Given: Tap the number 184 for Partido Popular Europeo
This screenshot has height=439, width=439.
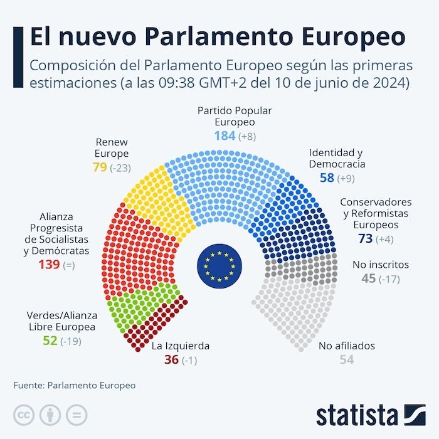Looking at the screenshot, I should tap(225, 135).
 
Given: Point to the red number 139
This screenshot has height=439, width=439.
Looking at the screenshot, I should tap(49, 265).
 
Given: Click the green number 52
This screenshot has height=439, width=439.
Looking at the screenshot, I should tap(50, 341).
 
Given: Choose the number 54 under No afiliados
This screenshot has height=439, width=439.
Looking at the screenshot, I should tap(347, 359).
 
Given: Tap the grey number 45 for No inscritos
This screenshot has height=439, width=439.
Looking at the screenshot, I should tap(368, 278).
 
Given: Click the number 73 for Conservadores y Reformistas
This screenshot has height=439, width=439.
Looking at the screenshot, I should tap(366, 238).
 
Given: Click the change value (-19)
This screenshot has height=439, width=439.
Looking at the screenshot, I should tap(70, 341).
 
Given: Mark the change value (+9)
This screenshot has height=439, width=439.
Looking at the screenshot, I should tap(348, 179).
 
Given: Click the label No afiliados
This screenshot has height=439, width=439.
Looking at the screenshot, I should tap(347, 346).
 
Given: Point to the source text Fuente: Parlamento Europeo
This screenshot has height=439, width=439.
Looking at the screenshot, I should tap(74, 386).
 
